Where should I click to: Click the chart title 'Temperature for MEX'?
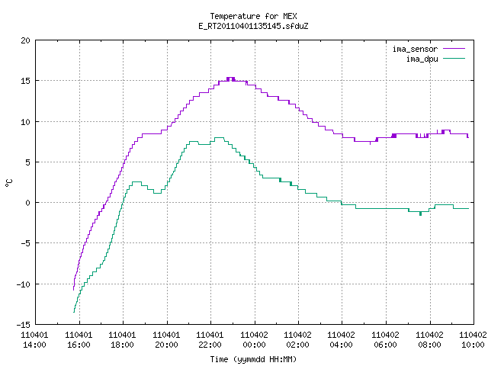pos(253,16)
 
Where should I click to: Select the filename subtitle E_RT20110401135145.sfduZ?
pos(253,26)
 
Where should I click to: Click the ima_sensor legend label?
pos(415,49)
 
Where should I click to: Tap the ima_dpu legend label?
pos(422,59)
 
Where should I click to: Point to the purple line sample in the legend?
pos(454,49)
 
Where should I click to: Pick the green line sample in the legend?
pos(454,58)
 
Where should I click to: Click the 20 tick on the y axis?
pos(26,40)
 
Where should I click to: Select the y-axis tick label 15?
pos(26,81)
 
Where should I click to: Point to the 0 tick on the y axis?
pos(28,203)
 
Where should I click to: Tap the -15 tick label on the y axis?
pos(24,325)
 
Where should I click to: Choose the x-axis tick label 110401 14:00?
pos(34,340)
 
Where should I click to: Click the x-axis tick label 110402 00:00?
pos(254,340)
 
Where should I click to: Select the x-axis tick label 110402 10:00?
pos(473,340)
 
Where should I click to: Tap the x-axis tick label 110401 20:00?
pos(166,340)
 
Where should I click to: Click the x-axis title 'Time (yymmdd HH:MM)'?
pos(253,359)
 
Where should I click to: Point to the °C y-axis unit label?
pos(9,183)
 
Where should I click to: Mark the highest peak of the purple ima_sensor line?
pos(230,78)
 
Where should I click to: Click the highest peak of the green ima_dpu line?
pos(219,137)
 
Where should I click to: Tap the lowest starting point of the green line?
pos(74,312)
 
